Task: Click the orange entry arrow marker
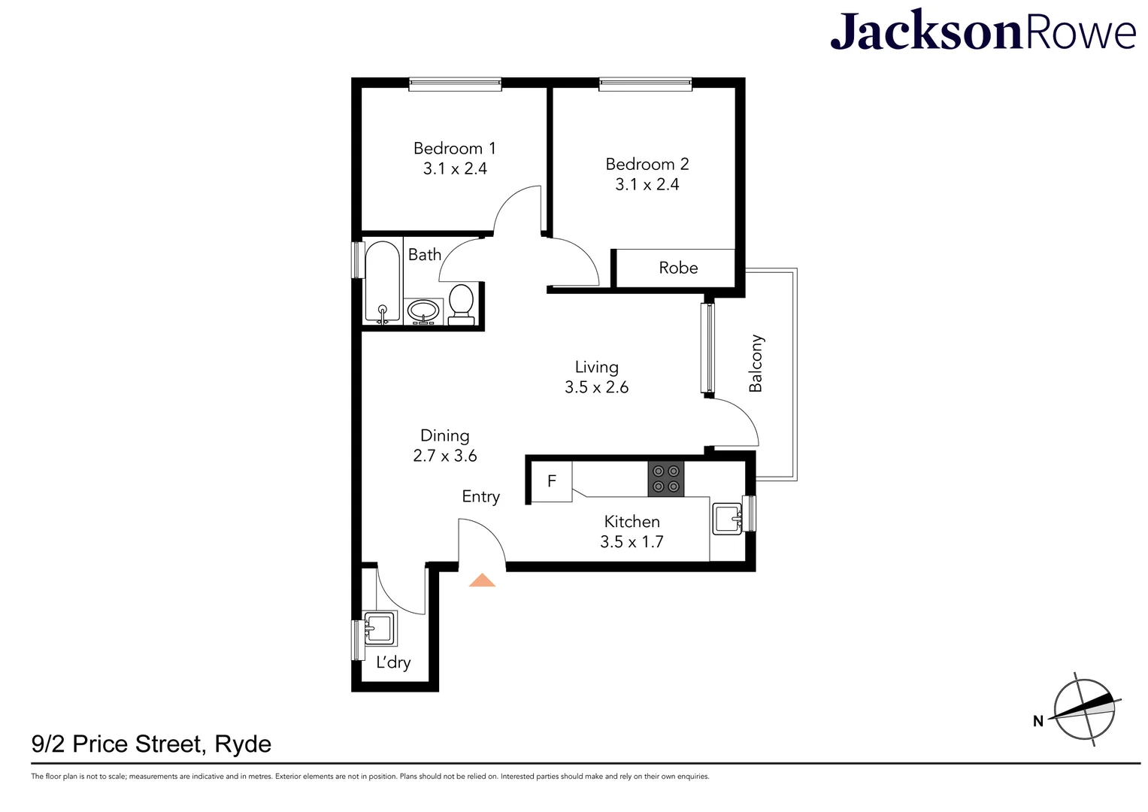click(x=482, y=580)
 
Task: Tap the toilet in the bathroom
click(x=461, y=304)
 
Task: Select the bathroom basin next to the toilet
click(x=424, y=311)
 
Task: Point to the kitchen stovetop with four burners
click(x=666, y=479)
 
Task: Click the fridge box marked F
click(x=552, y=481)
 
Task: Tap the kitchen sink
click(x=727, y=519)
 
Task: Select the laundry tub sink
click(x=380, y=629)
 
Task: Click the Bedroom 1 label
click(x=454, y=148)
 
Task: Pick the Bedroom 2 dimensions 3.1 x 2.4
click(x=647, y=185)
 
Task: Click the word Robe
click(x=678, y=268)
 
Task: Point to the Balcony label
click(x=756, y=363)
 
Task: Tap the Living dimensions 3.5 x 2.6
click(x=596, y=387)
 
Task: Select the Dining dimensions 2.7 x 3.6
click(x=445, y=456)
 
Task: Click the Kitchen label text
click(x=632, y=521)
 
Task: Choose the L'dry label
click(x=393, y=662)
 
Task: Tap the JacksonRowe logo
click(x=983, y=32)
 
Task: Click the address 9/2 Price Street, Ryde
click(x=151, y=744)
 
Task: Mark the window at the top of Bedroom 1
click(x=455, y=84)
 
